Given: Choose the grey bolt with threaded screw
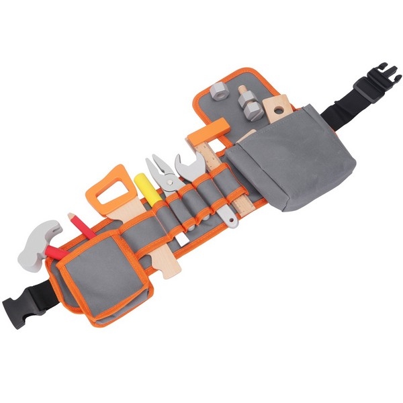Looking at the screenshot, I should [249, 101].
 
